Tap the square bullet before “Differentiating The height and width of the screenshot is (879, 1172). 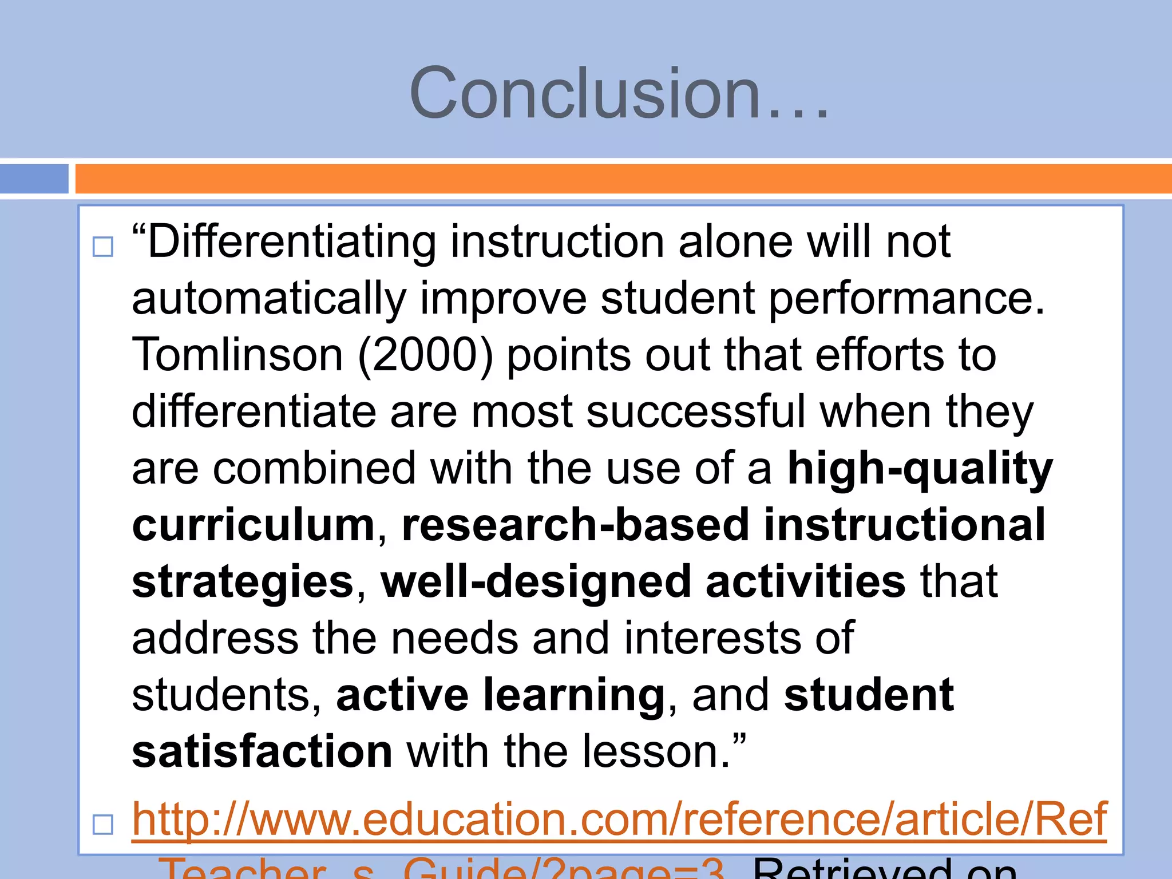coord(103,247)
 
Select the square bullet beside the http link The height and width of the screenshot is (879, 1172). coord(103,825)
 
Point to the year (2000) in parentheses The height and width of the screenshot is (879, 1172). coord(426,355)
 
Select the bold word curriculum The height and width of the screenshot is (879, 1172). coord(254,525)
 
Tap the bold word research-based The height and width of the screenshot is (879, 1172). coord(575,525)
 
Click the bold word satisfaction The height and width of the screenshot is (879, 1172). coord(262,751)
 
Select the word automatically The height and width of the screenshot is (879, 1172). coord(269,299)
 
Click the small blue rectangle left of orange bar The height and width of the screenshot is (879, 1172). coord(34,179)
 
